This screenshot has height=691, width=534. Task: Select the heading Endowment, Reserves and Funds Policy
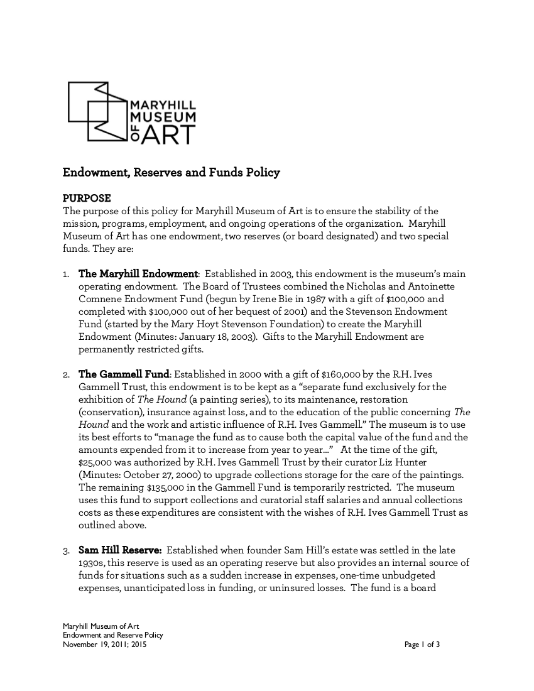tap(171, 172)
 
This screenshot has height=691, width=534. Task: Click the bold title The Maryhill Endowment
tap(138, 274)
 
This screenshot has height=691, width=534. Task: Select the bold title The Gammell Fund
tap(124, 374)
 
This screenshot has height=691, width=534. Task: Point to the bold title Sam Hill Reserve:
tap(120, 550)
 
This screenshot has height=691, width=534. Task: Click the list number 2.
tap(66, 375)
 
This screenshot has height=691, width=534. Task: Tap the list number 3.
tap(66, 551)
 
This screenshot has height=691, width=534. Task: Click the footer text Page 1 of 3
tap(422, 644)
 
